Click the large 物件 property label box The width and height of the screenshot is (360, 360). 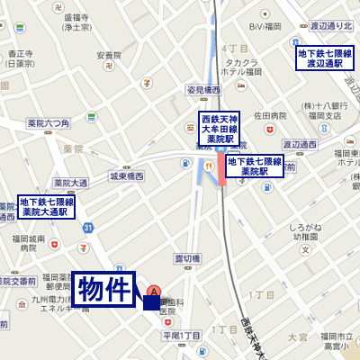[104, 291]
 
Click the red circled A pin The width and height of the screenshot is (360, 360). [154, 292]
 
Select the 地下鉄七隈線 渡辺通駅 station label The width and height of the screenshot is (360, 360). [325, 58]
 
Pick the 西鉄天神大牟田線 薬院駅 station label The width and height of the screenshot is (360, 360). [217, 128]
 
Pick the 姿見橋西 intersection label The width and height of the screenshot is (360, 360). [202, 90]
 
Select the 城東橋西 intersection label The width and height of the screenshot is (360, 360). [126, 176]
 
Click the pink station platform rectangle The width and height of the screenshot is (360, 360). [220, 168]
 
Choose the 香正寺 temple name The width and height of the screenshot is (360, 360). [20, 52]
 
